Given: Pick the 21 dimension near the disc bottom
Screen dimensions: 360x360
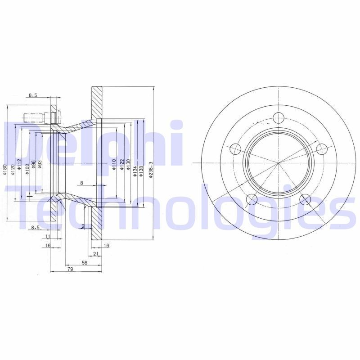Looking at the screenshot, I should (95, 254).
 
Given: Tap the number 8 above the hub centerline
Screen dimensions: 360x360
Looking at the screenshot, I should (81, 183).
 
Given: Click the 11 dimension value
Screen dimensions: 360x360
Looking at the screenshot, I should (47, 236).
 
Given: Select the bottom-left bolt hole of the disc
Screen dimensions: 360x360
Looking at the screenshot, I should (252, 198).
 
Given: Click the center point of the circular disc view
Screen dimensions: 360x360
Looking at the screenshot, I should (279, 162).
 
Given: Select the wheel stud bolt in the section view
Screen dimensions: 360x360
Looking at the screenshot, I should (34, 118).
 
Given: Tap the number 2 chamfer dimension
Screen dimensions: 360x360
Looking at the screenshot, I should (84, 226).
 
